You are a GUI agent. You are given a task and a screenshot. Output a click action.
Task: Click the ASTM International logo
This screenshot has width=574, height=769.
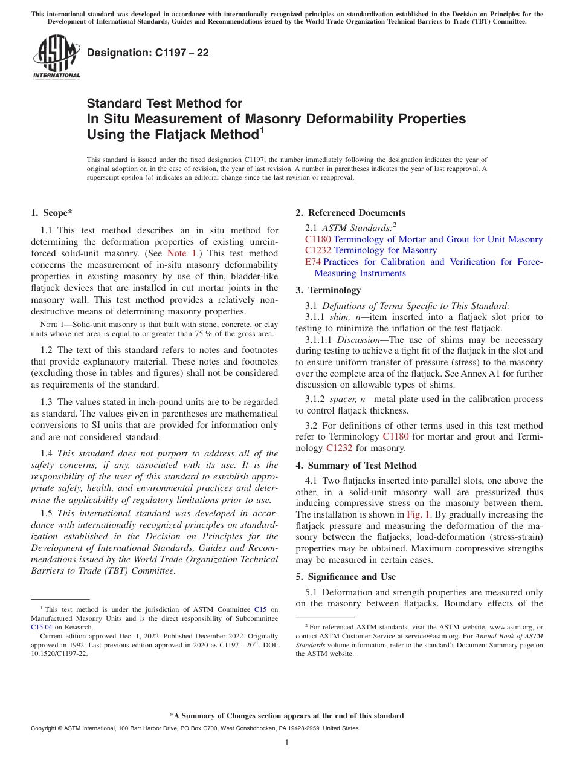[56, 57]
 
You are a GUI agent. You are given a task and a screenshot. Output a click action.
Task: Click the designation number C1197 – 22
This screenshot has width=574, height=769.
[148, 53]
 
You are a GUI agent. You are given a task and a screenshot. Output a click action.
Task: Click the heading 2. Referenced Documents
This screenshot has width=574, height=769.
[350, 213]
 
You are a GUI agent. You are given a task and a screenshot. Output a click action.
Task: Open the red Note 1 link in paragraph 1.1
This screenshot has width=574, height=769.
[181, 253]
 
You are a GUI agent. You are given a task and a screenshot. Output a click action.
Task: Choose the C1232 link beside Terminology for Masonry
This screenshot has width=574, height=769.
[318, 250]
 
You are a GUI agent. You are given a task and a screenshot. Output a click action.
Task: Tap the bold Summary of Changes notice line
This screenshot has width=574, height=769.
[287, 716]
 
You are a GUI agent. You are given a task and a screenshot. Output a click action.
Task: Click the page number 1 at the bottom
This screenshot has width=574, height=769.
[287, 742]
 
